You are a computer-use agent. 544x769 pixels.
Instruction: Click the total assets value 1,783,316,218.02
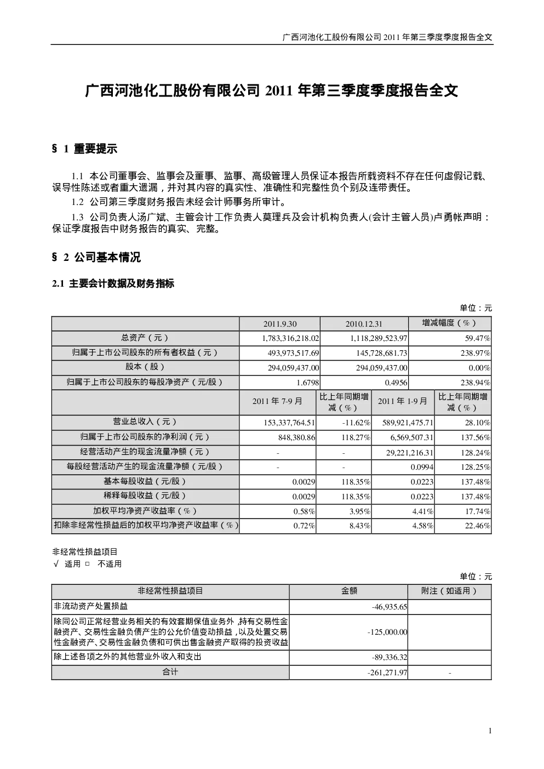(290, 339)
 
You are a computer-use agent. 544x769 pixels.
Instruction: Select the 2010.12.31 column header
(363, 324)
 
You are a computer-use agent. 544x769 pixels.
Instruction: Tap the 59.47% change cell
(477, 339)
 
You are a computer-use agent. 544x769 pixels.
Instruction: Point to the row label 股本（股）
(145, 367)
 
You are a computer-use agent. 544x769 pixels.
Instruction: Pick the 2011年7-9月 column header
(277, 401)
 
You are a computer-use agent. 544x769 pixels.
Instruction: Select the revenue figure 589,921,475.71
(408, 423)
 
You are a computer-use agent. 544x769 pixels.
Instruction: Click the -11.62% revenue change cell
(356, 423)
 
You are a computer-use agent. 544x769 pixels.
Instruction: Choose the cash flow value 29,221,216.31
(409, 453)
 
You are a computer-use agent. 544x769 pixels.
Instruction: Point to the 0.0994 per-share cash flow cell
(422, 467)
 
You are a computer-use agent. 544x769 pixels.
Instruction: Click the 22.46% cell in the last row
(477, 526)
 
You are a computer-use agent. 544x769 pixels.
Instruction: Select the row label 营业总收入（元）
(145, 421)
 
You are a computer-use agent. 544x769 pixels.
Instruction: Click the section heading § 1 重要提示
(84, 149)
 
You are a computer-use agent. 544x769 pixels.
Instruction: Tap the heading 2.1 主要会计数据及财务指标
(113, 283)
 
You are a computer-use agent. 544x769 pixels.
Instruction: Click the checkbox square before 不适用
(88, 563)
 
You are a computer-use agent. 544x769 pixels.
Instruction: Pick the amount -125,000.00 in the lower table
(387, 632)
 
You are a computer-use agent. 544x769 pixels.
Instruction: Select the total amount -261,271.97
(387, 673)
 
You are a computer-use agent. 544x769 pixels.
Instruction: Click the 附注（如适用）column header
(450, 591)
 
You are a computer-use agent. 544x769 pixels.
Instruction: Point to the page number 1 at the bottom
(490, 731)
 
